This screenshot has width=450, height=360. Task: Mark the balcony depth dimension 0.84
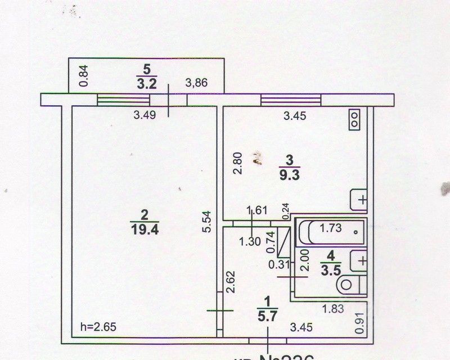[x=84, y=76]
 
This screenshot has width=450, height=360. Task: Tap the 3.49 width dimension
[x=144, y=115]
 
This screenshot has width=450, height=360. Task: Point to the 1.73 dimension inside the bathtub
[x=331, y=228]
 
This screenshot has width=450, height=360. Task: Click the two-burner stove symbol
[x=355, y=118]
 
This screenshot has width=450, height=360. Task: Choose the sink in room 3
[x=359, y=200]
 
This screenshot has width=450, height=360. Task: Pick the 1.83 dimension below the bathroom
[x=333, y=308]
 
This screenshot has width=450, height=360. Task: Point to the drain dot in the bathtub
[x=355, y=231]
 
